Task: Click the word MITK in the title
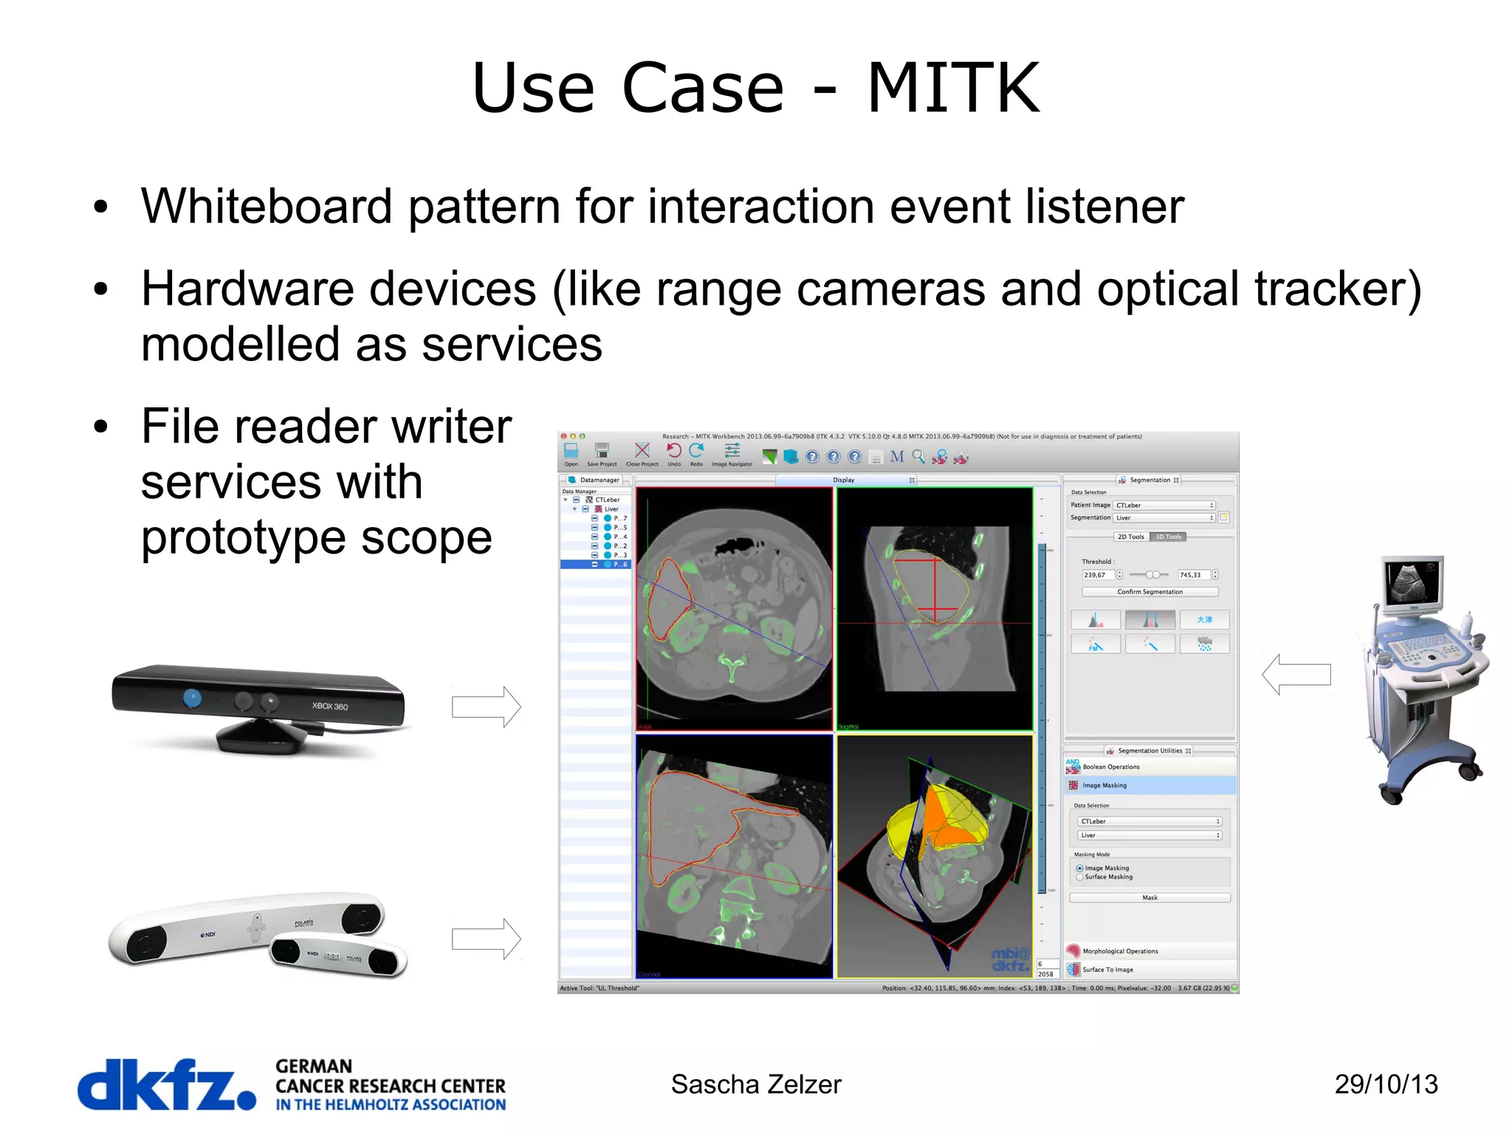point(952,89)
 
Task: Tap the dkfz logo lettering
point(166,1084)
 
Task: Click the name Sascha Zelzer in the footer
point(755,1084)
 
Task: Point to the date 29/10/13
point(1386,1084)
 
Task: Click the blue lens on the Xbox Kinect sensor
point(192,698)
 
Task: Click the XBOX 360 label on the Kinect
point(329,706)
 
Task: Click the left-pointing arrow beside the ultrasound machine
point(1296,674)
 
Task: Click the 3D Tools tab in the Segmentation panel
point(1168,537)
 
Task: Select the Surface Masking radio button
point(1080,877)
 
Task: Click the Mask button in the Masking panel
point(1150,898)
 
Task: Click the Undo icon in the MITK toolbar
point(673,452)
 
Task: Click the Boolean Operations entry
point(1110,767)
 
